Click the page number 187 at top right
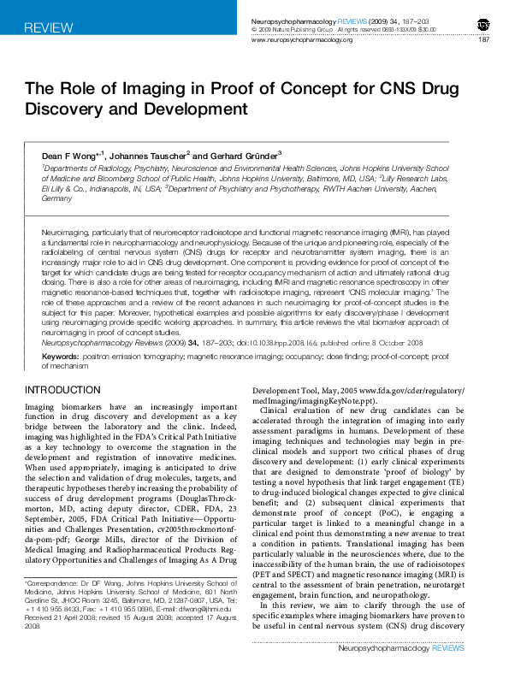click(x=483, y=40)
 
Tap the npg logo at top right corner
click(x=482, y=23)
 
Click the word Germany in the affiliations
click(x=56, y=198)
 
